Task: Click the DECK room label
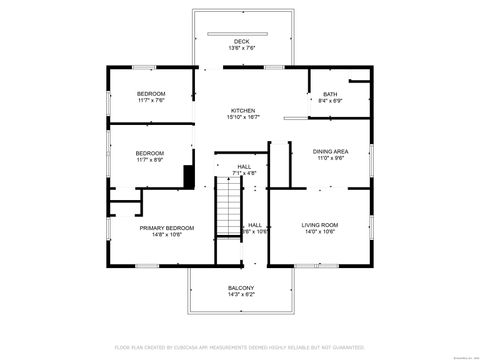tap(242, 41)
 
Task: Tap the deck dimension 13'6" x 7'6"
tap(242, 48)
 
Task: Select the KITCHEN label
tap(243, 110)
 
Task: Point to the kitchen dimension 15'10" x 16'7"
tap(243, 117)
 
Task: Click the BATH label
tap(329, 94)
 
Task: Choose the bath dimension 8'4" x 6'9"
tap(329, 101)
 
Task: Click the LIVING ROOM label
tap(319, 225)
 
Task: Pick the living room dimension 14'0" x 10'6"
tap(319, 232)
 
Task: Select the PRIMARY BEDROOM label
tap(159, 228)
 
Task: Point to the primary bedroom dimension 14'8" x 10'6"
tap(159, 235)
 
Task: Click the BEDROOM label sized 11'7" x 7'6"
tap(150, 93)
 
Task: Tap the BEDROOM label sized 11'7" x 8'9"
tap(150, 153)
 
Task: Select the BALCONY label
tap(242, 288)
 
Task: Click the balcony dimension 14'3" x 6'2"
tap(242, 295)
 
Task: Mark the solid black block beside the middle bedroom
tap(188, 177)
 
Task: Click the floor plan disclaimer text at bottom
tap(240, 346)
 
